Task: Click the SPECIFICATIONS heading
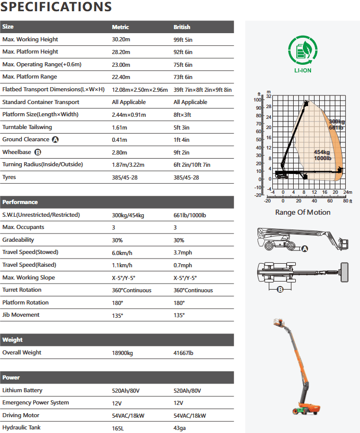(x=56, y=7)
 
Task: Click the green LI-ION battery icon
(x=303, y=50)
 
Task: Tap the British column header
(x=182, y=27)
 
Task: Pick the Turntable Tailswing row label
(x=27, y=127)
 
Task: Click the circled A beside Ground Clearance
(x=55, y=140)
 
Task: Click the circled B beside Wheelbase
(x=37, y=152)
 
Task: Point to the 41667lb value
(x=183, y=352)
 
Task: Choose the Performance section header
(x=20, y=202)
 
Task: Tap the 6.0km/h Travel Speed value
(x=122, y=252)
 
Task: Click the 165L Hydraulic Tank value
(x=118, y=428)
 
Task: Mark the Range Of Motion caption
(x=302, y=212)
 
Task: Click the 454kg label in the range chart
(x=322, y=152)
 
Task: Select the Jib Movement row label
(x=21, y=315)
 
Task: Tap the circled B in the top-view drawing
(x=280, y=290)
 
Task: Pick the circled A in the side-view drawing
(x=305, y=249)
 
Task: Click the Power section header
(x=11, y=377)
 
